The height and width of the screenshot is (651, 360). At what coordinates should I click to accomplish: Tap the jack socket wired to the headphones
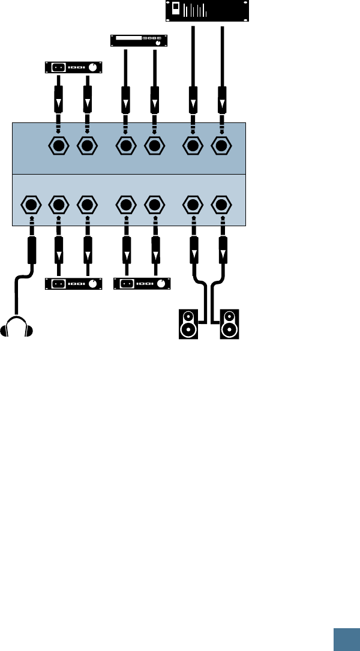[x=31, y=205]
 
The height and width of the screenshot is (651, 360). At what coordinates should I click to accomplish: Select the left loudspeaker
[x=188, y=324]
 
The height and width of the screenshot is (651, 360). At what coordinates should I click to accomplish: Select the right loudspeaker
[x=229, y=324]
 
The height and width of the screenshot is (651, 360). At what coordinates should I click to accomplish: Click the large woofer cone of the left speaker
[x=188, y=329]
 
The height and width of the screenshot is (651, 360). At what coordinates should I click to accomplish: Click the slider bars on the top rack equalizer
[x=196, y=10]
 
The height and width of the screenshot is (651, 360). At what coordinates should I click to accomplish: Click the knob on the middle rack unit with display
[x=158, y=44]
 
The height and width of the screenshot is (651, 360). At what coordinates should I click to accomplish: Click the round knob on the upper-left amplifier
[x=91, y=67]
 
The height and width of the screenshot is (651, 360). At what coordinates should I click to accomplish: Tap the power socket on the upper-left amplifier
[x=59, y=67]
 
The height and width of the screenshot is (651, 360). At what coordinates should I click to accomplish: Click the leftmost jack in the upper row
[x=58, y=146]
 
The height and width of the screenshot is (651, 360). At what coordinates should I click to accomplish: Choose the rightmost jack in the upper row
[x=222, y=146]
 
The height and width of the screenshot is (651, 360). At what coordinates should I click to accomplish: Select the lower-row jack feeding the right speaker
[x=222, y=205]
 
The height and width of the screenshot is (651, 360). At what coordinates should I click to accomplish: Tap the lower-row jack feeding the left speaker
[x=192, y=205]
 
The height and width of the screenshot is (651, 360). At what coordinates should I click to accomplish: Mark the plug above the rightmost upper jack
[x=222, y=98]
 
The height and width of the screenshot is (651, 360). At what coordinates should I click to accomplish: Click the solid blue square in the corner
[x=347, y=638]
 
